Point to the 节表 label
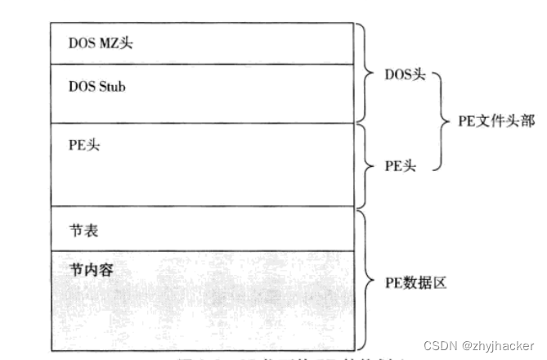85,232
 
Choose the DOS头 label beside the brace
405,74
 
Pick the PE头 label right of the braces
400,164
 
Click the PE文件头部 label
495,120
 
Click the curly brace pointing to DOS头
365,74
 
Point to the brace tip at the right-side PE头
365,164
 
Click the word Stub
112,87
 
